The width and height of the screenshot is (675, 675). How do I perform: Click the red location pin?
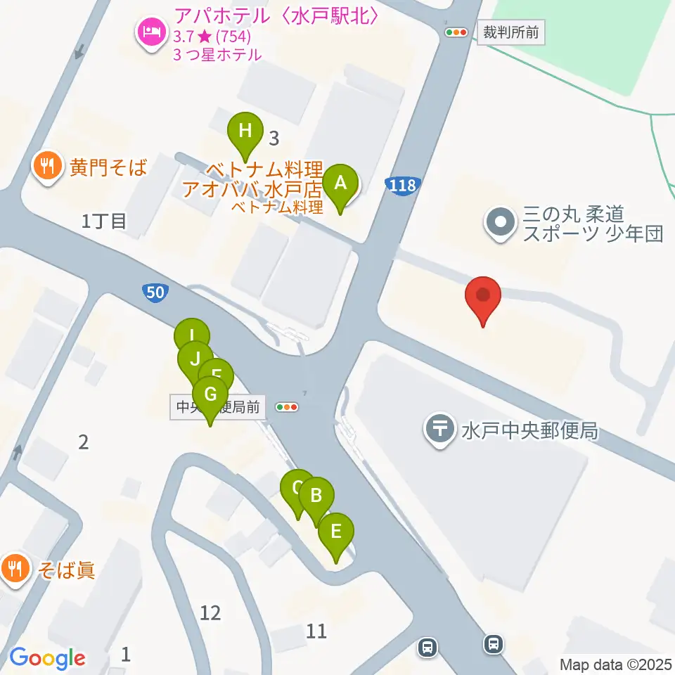click(483, 297)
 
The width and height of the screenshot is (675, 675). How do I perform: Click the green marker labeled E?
click(336, 532)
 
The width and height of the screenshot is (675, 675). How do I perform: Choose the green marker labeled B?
click(316, 496)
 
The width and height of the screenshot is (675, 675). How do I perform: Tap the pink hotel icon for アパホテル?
click(151, 32)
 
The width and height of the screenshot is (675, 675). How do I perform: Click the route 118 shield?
click(401, 186)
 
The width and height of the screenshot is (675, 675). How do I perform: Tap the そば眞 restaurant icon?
click(15, 567)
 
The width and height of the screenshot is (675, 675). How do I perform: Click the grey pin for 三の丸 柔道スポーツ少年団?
click(501, 222)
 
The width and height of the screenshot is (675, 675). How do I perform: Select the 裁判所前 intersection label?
click(511, 32)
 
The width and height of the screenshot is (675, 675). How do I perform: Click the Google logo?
click(48, 658)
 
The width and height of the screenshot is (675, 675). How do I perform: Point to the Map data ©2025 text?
click(615, 664)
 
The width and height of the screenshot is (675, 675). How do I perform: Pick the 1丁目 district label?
click(104, 222)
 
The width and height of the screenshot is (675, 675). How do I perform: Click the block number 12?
click(210, 613)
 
